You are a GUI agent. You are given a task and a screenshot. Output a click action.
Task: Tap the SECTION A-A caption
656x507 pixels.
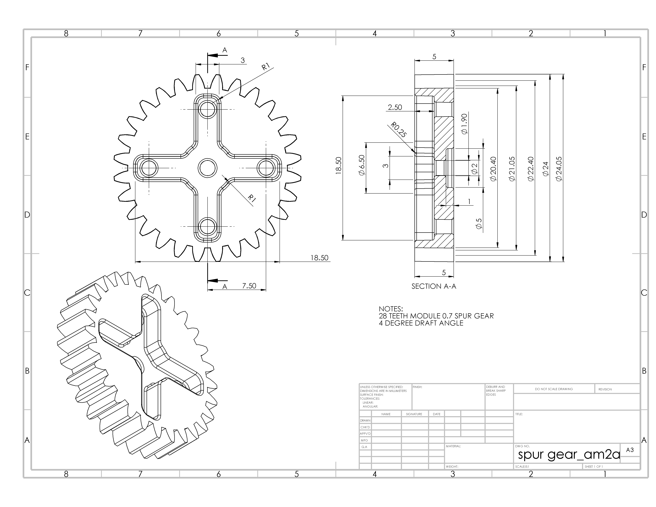434,286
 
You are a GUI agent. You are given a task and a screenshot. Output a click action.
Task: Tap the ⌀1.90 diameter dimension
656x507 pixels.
464,124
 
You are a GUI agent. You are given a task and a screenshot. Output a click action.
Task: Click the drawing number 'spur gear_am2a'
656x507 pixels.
569,455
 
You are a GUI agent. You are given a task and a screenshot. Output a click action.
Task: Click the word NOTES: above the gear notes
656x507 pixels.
390,309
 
